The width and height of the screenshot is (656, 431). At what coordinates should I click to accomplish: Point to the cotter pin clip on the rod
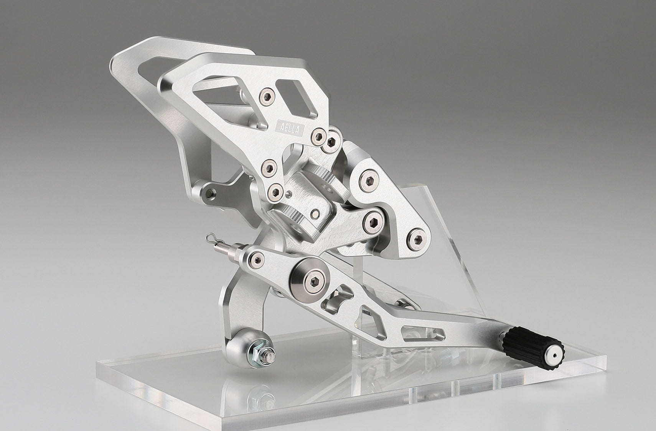[213, 239]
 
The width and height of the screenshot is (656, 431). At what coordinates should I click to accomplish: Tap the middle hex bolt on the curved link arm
[373, 222]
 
